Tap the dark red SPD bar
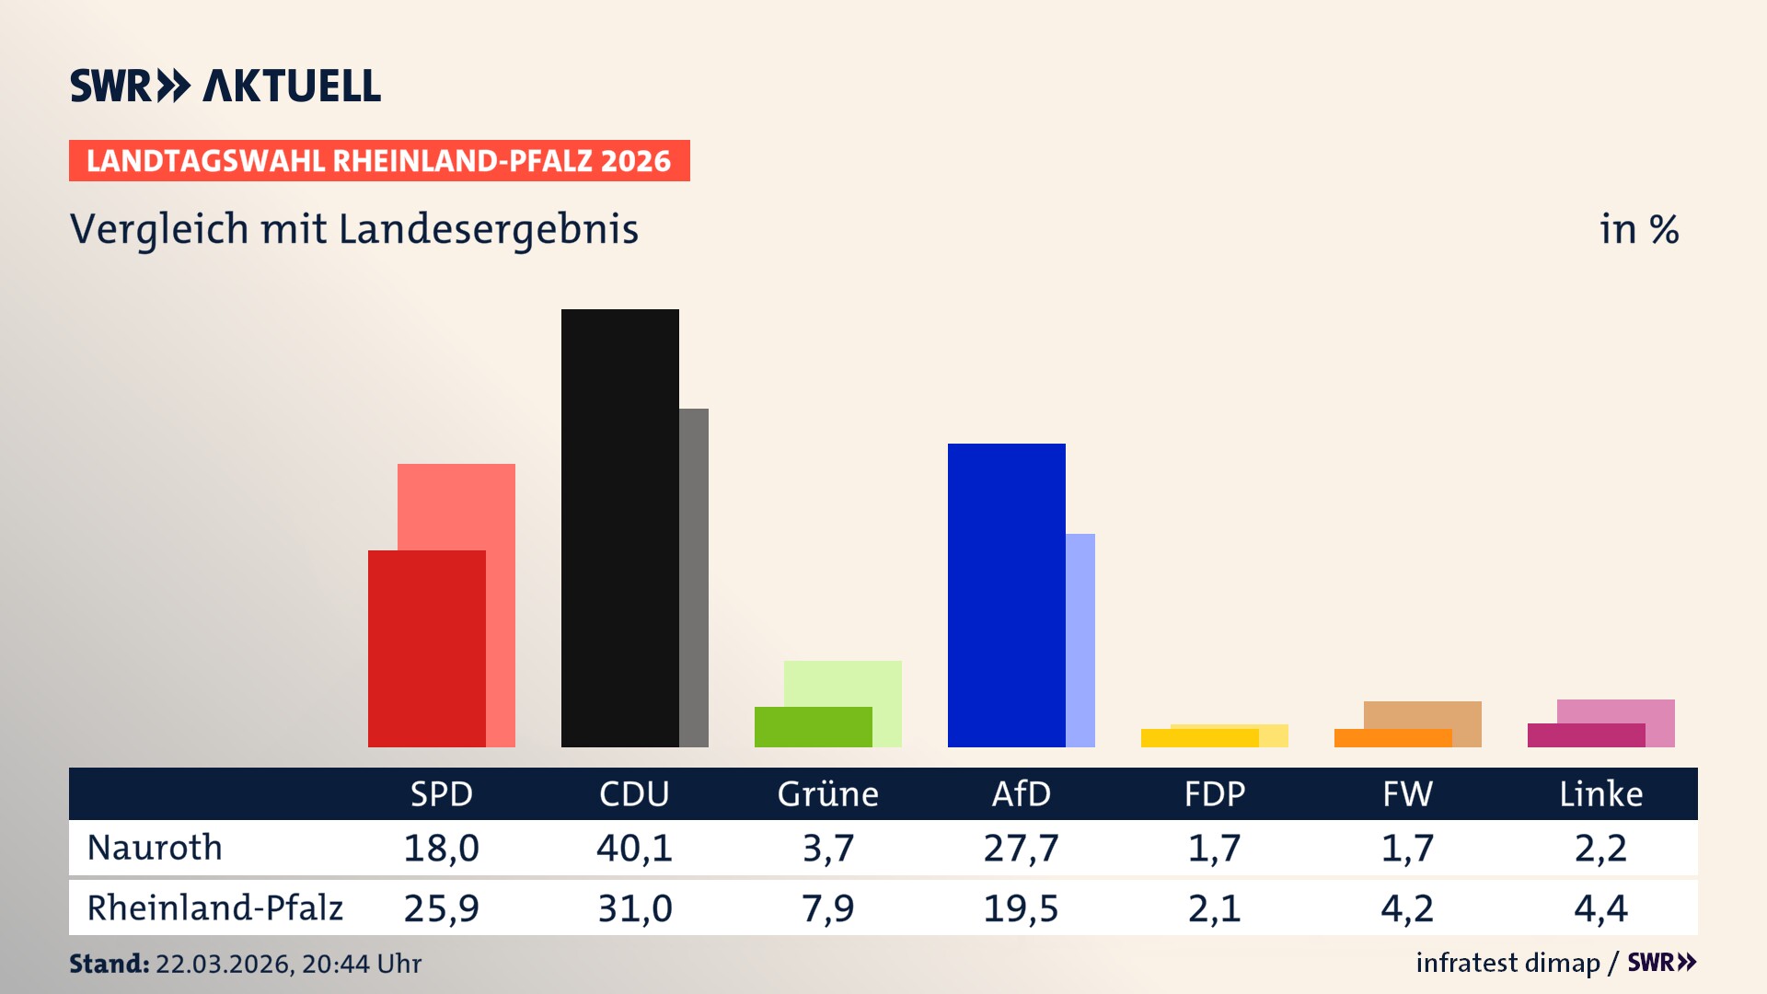[426, 648]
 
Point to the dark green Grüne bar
[813, 726]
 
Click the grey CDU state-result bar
[694, 577]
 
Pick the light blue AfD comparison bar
[1080, 640]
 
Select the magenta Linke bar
[1586, 735]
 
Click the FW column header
[1407, 793]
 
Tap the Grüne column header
[827, 793]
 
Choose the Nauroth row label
[155, 848]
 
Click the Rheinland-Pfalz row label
[214, 908]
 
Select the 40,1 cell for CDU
[634, 848]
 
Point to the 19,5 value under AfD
[1021, 908]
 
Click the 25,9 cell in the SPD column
[441, 908]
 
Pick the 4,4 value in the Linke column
[1600, 908]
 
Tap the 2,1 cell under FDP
[1214, 908]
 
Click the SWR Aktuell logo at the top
[225, 86]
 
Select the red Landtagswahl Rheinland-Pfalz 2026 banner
[379, 161]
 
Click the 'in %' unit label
[1638, 229]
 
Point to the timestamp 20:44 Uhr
[361, 964]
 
